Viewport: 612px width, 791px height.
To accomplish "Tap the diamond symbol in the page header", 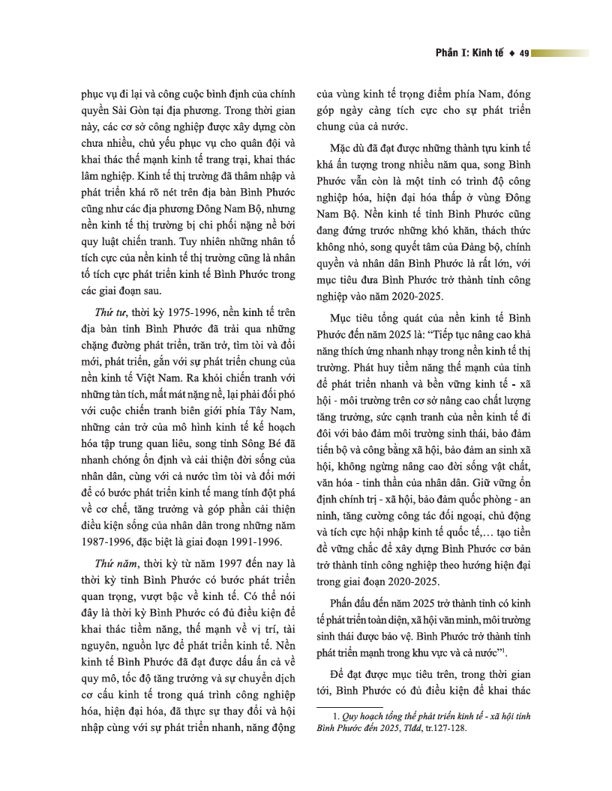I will [x=511, y=53].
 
